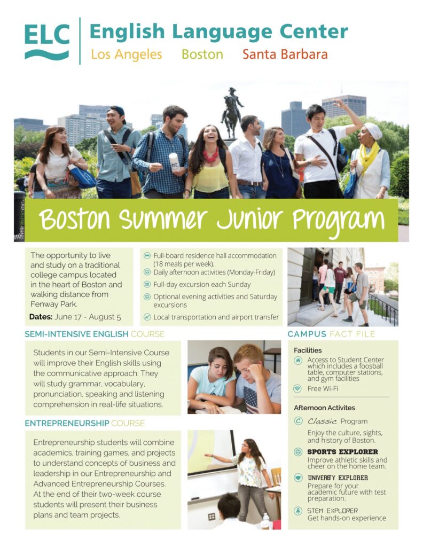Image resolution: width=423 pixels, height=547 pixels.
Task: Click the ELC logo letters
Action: coord(47,35)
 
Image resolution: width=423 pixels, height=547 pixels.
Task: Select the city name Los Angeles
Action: coord(126,54)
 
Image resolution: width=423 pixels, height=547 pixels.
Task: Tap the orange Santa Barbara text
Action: coord(285,54)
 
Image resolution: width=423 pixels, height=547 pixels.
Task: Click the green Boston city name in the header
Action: coord(202,54)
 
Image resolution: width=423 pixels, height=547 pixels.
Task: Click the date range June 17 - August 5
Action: coord(88,317)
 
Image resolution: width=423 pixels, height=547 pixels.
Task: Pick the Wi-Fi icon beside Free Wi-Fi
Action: coord(297,388)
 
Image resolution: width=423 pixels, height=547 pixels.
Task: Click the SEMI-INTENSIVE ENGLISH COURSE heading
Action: coord(95,334)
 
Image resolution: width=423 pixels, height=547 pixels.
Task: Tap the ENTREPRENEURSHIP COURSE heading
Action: coord(85,423)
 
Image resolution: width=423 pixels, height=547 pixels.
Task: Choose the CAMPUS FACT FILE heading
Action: coord(331,334)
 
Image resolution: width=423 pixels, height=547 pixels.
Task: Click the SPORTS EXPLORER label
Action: coord(342,452)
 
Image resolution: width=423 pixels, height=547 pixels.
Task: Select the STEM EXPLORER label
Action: coord(332,511)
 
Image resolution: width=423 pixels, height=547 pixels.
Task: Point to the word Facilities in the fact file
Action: coord(308,350)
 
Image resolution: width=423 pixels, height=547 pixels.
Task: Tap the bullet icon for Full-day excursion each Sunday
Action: coord(147,284)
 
